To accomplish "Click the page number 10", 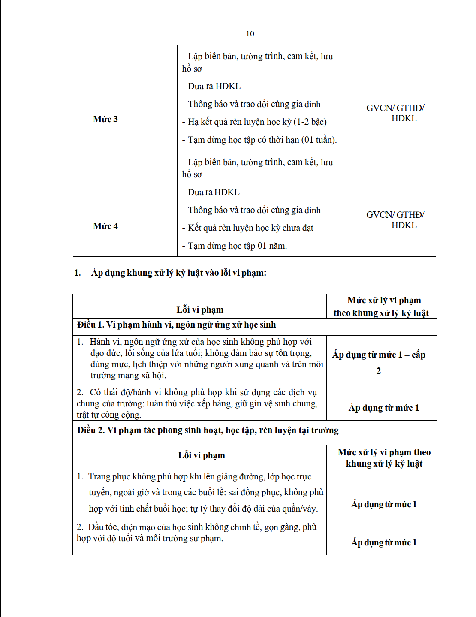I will [x=250, y=34].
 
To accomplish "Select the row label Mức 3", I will [x=105, y=119].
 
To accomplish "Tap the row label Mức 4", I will [x=105, y=226].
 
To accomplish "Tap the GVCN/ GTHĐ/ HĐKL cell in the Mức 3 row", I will [x=395, y=113].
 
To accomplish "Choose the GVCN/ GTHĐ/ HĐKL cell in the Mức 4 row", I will [x=395, y=220].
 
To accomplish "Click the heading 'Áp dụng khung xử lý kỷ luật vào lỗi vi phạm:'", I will [x=178, y=273].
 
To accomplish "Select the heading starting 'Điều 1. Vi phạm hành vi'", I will [x=176, y=325].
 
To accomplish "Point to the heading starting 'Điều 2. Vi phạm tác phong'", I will [x=208, y=430].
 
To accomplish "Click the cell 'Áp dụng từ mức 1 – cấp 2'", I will [x=379, y=362].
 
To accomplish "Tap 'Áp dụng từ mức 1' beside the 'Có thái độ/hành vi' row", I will [x=384, y=408].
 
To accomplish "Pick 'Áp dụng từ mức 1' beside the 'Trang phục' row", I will [x=384, y=504].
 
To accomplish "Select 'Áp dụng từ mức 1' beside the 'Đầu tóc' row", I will [x=384, y=542].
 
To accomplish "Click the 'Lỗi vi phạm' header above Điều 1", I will [x=200, y=310].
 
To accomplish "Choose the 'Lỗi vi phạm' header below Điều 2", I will [x=202, y=455].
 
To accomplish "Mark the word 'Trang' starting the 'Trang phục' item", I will [x=99, y=476].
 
